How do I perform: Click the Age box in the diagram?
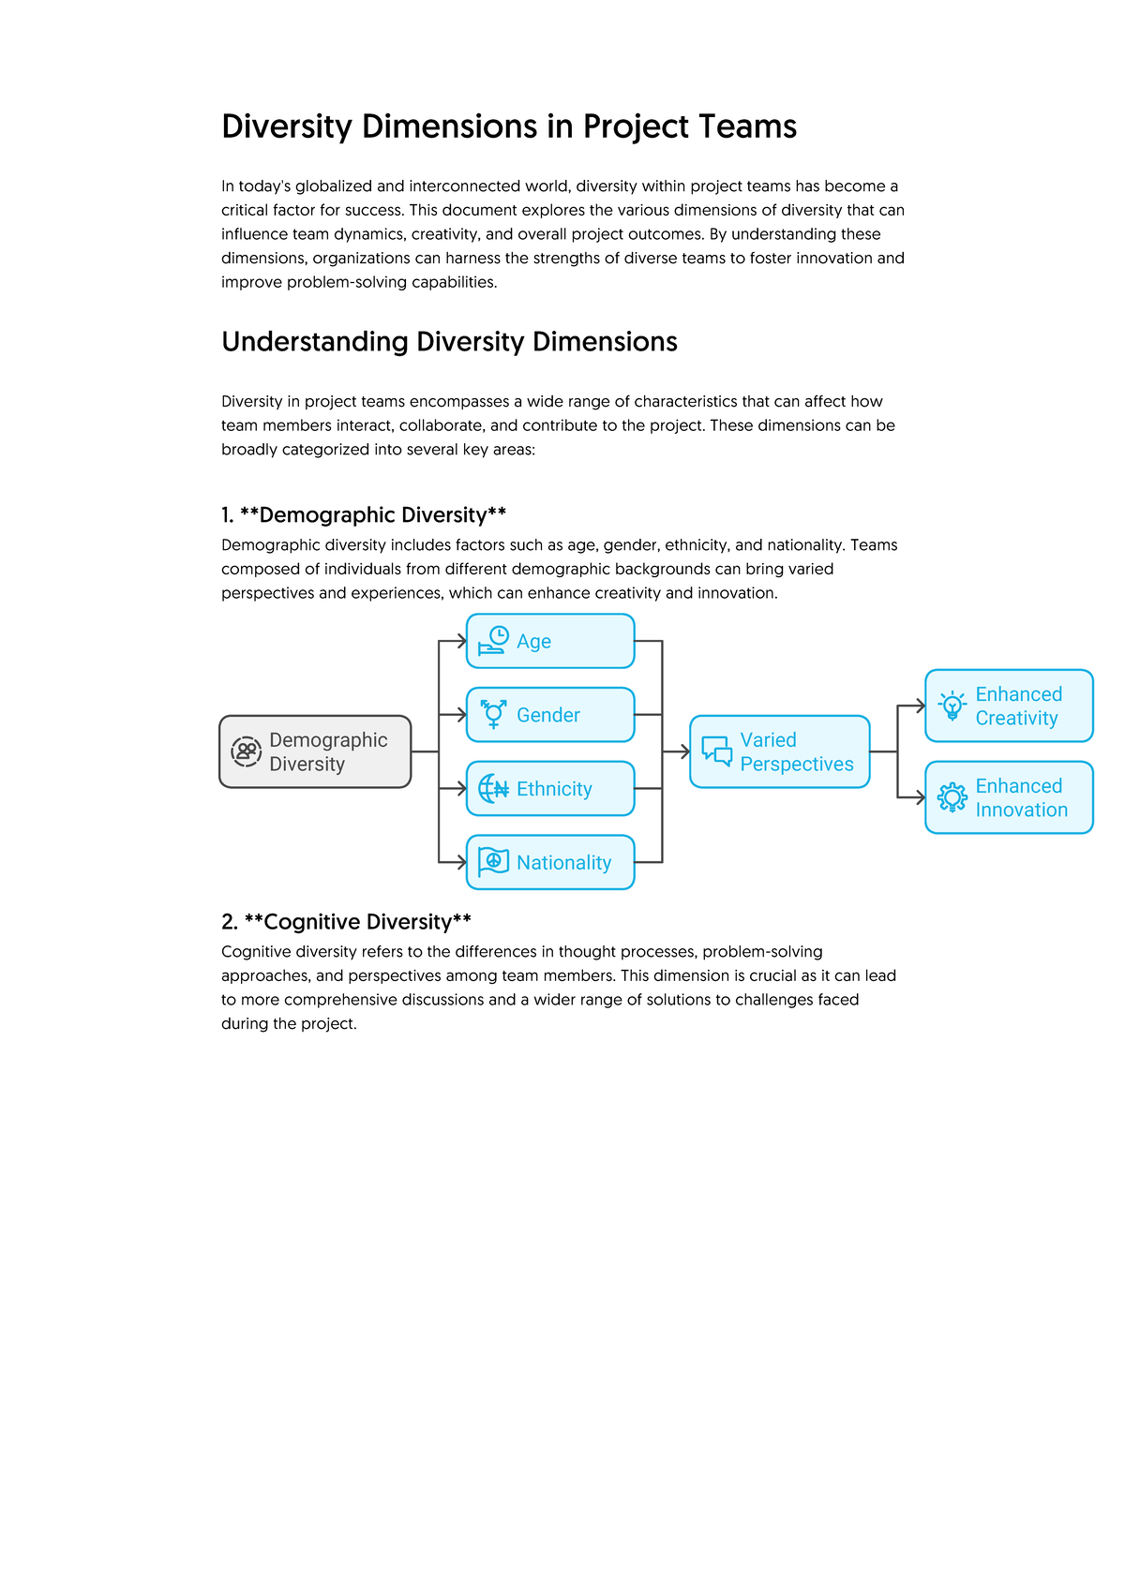click(x=550, y=641)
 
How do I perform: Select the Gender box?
click(x=550, y=715)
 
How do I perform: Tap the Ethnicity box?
click(x=550, y=789)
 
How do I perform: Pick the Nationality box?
click(x=550, y=862)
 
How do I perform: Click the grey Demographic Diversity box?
click(x=315, y=751)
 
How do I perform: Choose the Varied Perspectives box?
click(x=780, y=751)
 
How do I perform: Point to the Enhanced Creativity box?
click(x=1009, y=706)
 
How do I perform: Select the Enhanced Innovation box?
click(x=1009, y=797)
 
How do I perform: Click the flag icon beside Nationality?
click(x=493, y=861)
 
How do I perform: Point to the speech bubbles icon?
click(x=717, y=751)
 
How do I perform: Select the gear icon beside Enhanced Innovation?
click(x=952, y=797)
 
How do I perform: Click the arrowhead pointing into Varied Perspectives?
click(x=684, y=751)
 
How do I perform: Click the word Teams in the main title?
click(x=750, y=126)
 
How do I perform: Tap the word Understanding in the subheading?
click(x=315, y=342)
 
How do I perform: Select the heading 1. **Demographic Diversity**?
click(x=364, y=514)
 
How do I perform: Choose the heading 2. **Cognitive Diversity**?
click(x=346, y=922)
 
